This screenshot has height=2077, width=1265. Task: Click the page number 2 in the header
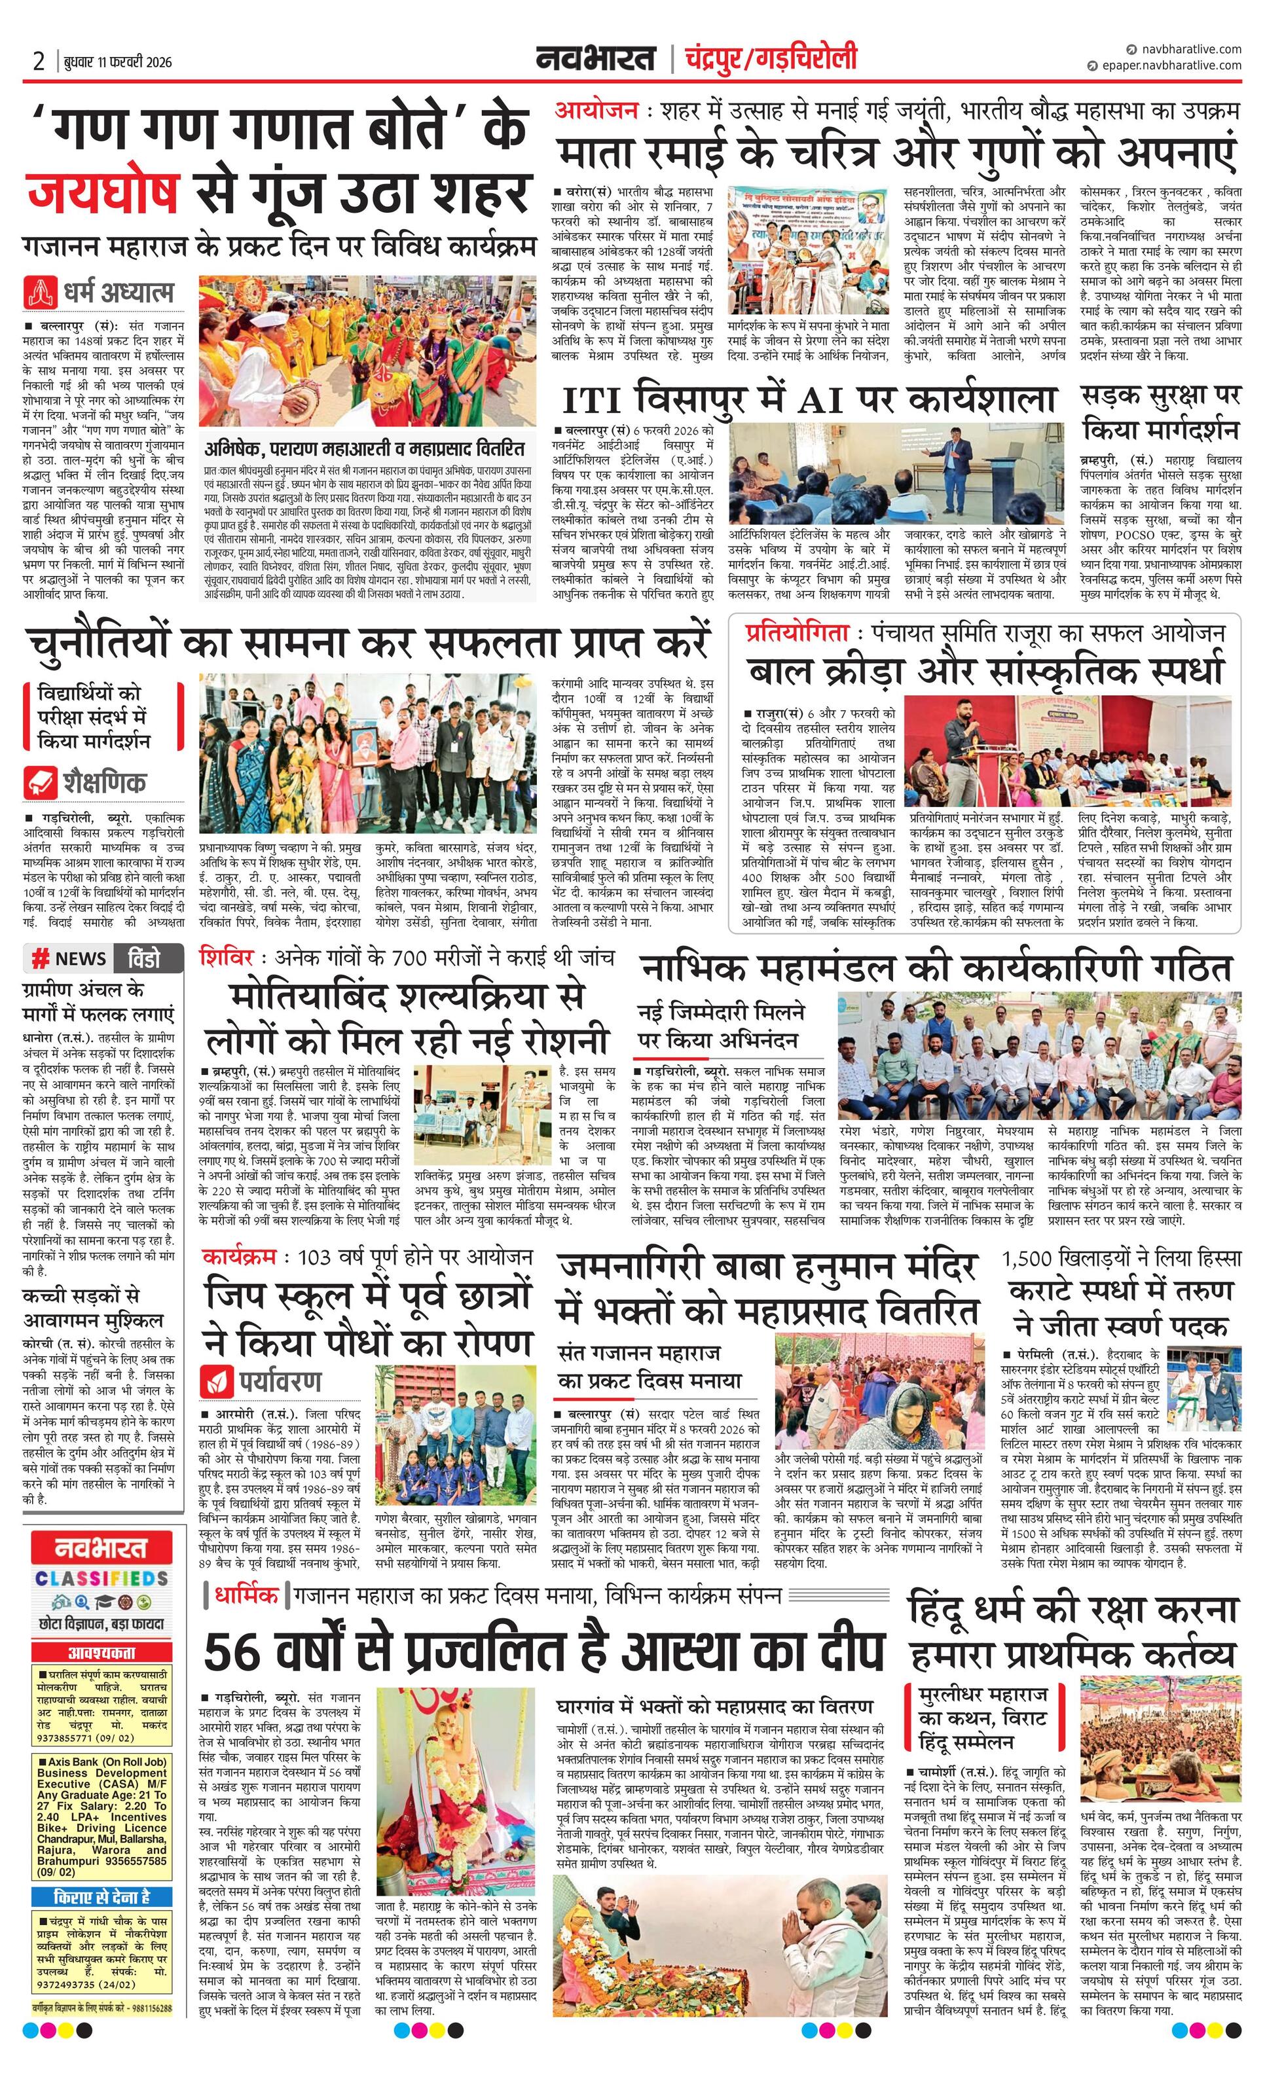39,62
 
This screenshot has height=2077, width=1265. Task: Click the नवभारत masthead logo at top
595,59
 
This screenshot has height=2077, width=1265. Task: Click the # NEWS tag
69,958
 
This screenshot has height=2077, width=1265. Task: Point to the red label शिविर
226,958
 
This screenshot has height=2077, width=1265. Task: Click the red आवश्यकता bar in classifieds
101,1652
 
